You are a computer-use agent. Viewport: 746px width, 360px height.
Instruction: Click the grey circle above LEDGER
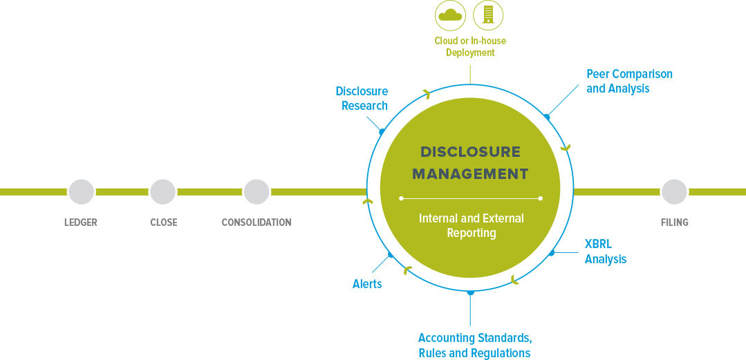[x=81, y=192]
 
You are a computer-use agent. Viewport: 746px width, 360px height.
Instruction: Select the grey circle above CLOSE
[x=163, y=192]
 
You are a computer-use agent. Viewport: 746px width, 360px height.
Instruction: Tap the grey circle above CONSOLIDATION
[x=257, y=192]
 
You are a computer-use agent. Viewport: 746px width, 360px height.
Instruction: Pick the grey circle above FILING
[x=674, y=192]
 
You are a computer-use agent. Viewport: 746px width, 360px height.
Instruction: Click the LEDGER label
[x=81, y=222]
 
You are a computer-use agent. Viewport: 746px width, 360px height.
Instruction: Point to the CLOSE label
[x=163, y=222]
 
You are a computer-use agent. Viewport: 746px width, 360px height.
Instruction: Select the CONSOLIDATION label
[x=257, y=222]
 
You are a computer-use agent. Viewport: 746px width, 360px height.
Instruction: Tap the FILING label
[x=674, y=222]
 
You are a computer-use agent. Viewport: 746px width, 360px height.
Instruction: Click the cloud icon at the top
[x=449, y=15]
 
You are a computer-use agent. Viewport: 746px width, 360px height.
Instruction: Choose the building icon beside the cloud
[x=488, y=15]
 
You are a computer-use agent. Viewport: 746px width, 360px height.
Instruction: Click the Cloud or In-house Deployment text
[x=470, y=46]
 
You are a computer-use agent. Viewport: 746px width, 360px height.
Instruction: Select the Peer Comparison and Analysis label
[x=628, y=81]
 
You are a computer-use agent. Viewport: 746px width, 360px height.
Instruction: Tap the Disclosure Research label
[x=362, y=98]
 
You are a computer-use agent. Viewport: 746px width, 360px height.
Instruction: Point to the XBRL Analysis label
[x=605, y=252]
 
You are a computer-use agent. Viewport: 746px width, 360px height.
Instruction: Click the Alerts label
[x=367, y=284]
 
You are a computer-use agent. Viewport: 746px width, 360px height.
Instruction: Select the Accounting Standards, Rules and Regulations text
[x=474, y=345]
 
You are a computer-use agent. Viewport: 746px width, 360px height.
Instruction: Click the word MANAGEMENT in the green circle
[x=470, y=173]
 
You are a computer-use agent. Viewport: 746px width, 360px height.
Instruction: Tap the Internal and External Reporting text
[x=471, y=225]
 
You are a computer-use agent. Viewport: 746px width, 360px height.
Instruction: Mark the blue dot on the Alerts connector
[x=391, y=255]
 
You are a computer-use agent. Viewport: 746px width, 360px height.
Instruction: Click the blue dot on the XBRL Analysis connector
[x=552, y=253]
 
